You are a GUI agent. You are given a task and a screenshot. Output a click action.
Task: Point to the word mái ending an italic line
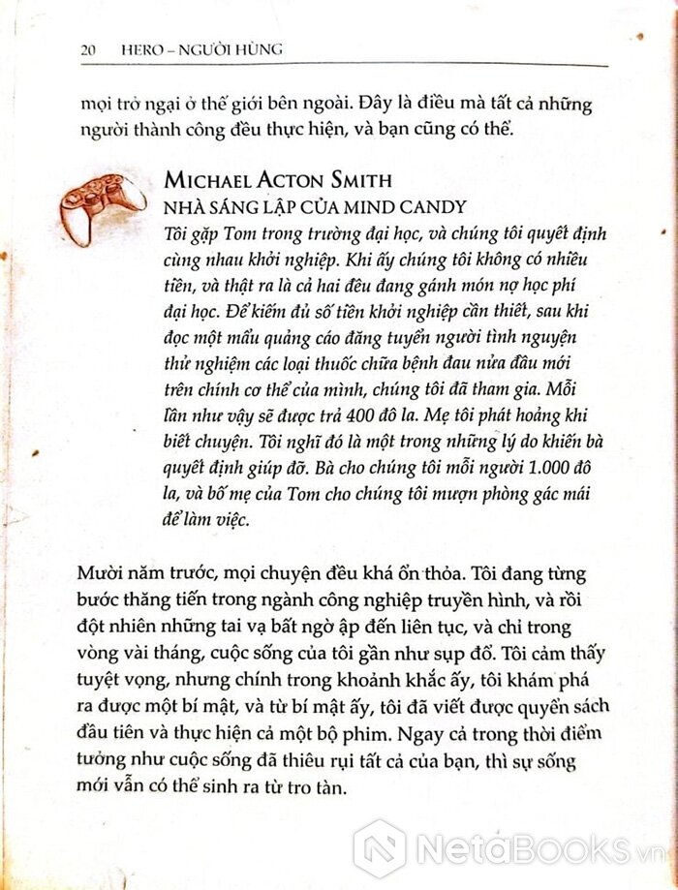(577, 495)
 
